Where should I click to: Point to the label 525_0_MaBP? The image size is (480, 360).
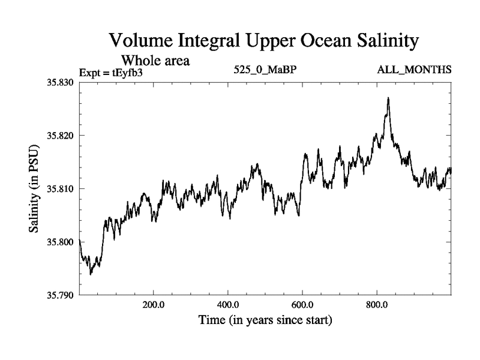(x=266, y=71)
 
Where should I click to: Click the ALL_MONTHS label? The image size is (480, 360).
(x=414, y=71)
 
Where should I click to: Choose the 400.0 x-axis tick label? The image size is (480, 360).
(x=228, y=304)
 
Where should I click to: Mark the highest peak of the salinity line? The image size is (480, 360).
(x=388, y=98)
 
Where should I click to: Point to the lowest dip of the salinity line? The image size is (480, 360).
(x=91, y=274)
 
